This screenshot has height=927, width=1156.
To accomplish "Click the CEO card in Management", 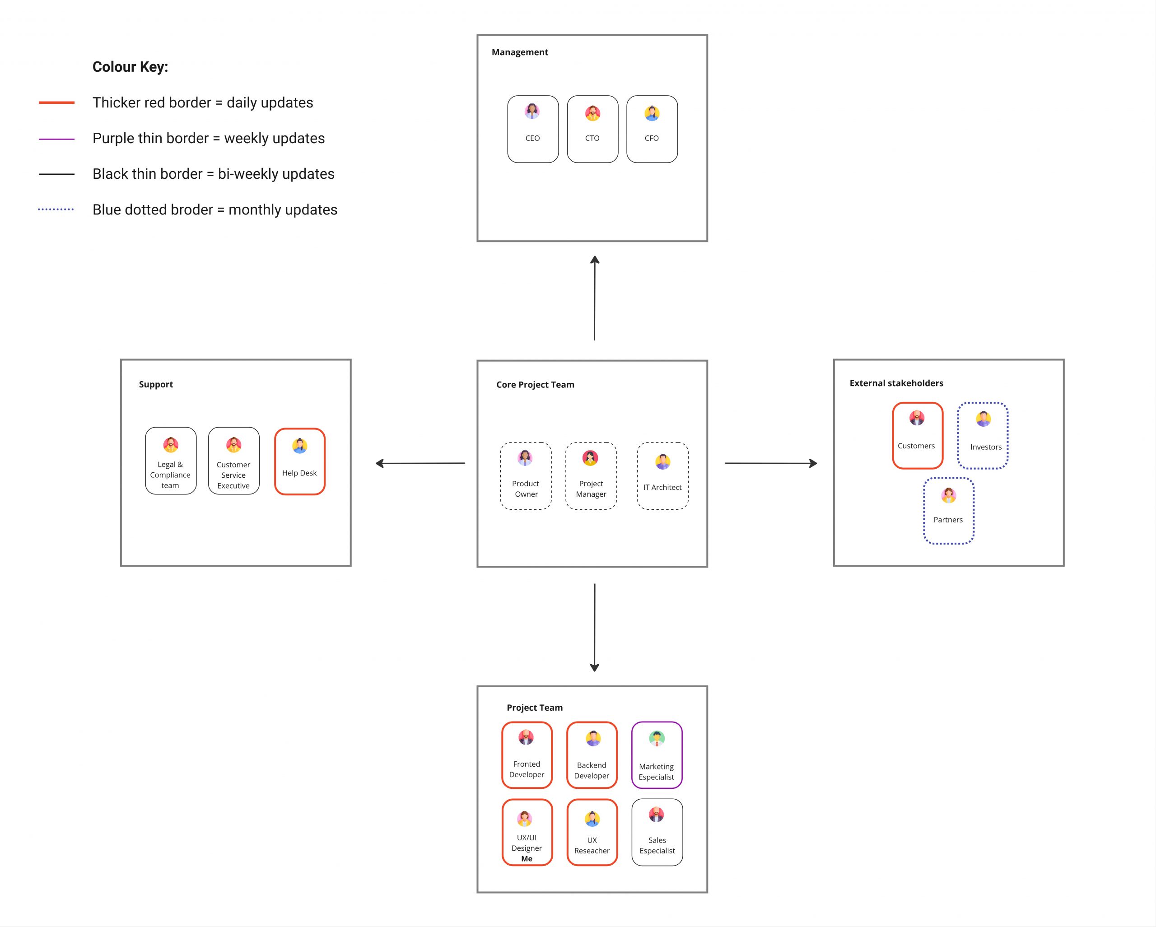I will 533,129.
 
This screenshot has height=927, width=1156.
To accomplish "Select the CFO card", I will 652,129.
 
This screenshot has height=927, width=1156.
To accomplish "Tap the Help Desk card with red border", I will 300,461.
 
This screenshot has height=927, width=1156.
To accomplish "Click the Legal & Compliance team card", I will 171,461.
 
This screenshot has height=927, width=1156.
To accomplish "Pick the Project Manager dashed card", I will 591,476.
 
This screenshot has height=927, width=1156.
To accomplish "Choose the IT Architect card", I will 663,476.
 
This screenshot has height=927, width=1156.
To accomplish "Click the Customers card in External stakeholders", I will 918,436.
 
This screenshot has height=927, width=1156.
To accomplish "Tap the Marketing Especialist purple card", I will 657,755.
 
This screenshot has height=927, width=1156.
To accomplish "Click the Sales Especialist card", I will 657,833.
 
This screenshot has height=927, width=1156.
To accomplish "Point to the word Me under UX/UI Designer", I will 527,859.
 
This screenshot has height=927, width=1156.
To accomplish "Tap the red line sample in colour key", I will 56,102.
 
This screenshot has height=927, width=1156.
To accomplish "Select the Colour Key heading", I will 131,67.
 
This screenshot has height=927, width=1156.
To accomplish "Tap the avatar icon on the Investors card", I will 984,419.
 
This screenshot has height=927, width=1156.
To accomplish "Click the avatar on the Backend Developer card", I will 592,739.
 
